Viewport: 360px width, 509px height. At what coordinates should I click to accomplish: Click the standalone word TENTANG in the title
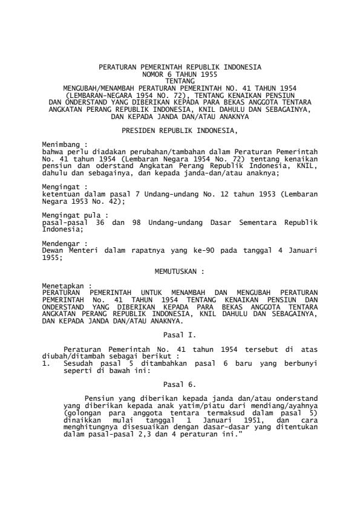[x=180, y=79]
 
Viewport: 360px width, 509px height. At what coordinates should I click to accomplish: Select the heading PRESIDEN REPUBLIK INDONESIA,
[x=180, y=130]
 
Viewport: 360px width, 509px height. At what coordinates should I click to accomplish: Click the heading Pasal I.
[x=180, y=333]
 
